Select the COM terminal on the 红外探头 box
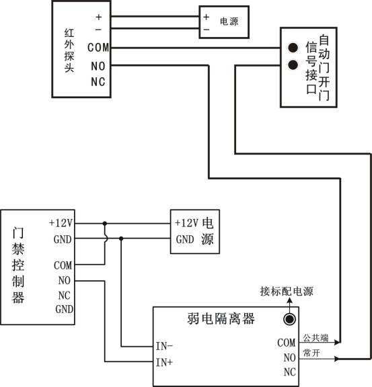(x=98, y=48)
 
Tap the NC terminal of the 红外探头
(x=98, y=81)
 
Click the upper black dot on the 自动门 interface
(x=293, y=48)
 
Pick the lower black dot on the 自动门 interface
(x=293, y=65)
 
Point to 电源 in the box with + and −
(x=229, y=23)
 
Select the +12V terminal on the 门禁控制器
(x=61, y=222)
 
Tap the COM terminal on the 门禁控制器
(x=63, y=265)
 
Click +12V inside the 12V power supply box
(x=186, y=222)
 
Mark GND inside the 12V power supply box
(x=185, y=239)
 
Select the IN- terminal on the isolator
(x=164, y=346)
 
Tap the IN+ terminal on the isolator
(x=164, y=363)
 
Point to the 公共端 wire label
(x=315, y=337)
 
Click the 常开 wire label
(x=311, y=353)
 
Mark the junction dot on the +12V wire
(x=104, y=222)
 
